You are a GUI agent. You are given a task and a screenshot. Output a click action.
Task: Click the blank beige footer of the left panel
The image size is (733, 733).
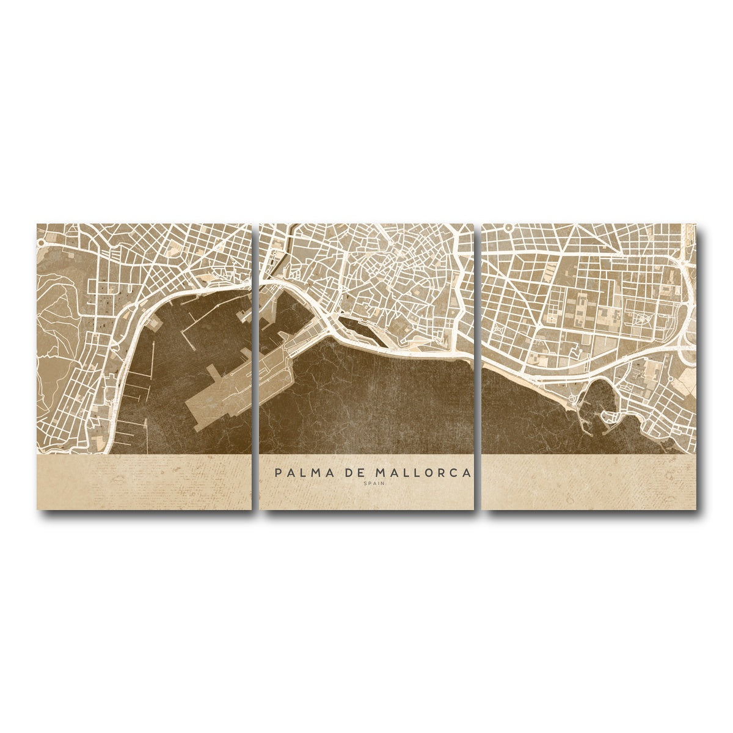tap(144, 483)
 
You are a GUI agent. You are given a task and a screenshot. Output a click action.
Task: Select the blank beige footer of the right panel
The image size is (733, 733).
tap(589, 483)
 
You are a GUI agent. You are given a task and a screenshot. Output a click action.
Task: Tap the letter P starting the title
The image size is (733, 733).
tap(279, 473)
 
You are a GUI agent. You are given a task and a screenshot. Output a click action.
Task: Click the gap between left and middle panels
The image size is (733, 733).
tap(255, 366)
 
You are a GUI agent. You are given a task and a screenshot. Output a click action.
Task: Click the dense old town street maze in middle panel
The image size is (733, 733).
tap(397, 269)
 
